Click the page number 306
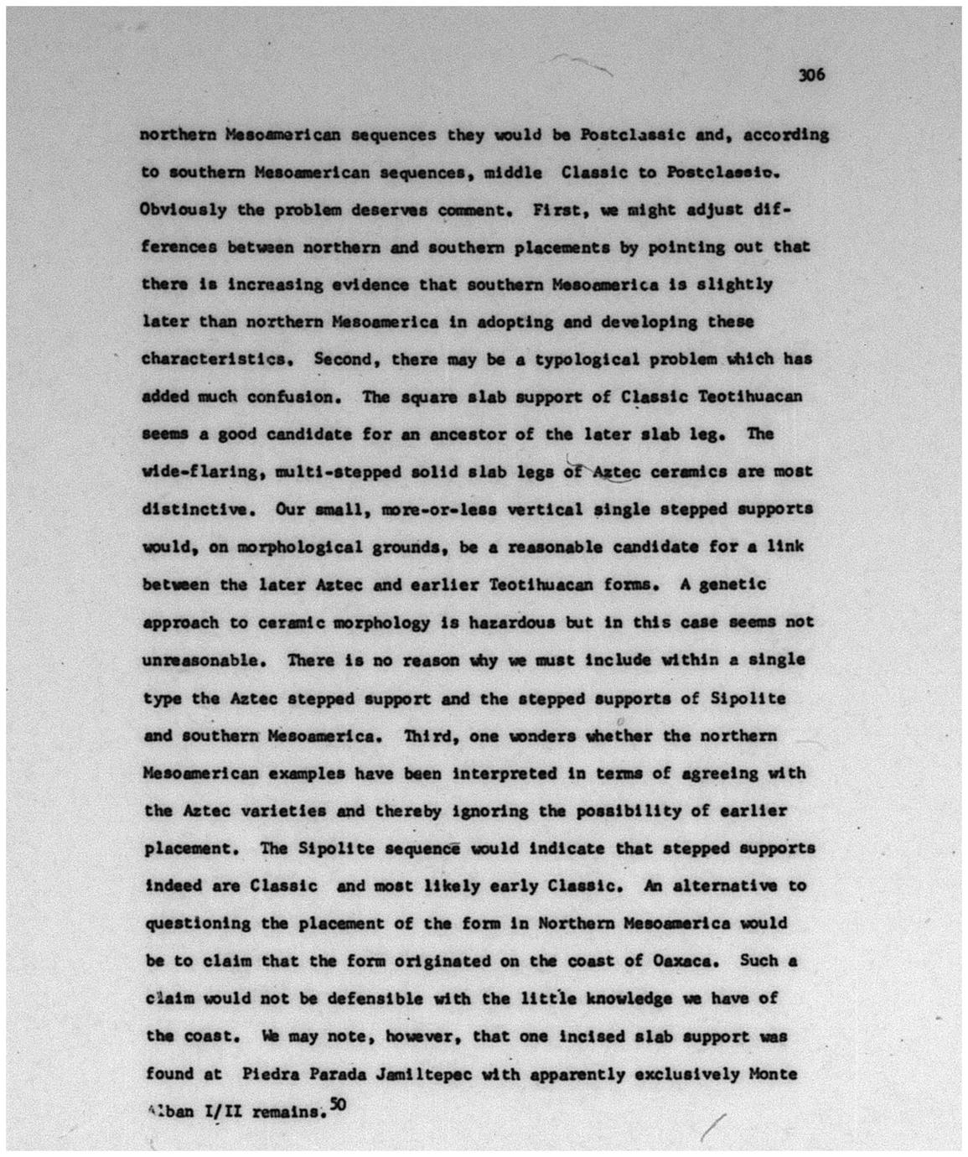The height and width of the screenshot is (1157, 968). [811, 75]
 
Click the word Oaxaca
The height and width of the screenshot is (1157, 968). [686, 961]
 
